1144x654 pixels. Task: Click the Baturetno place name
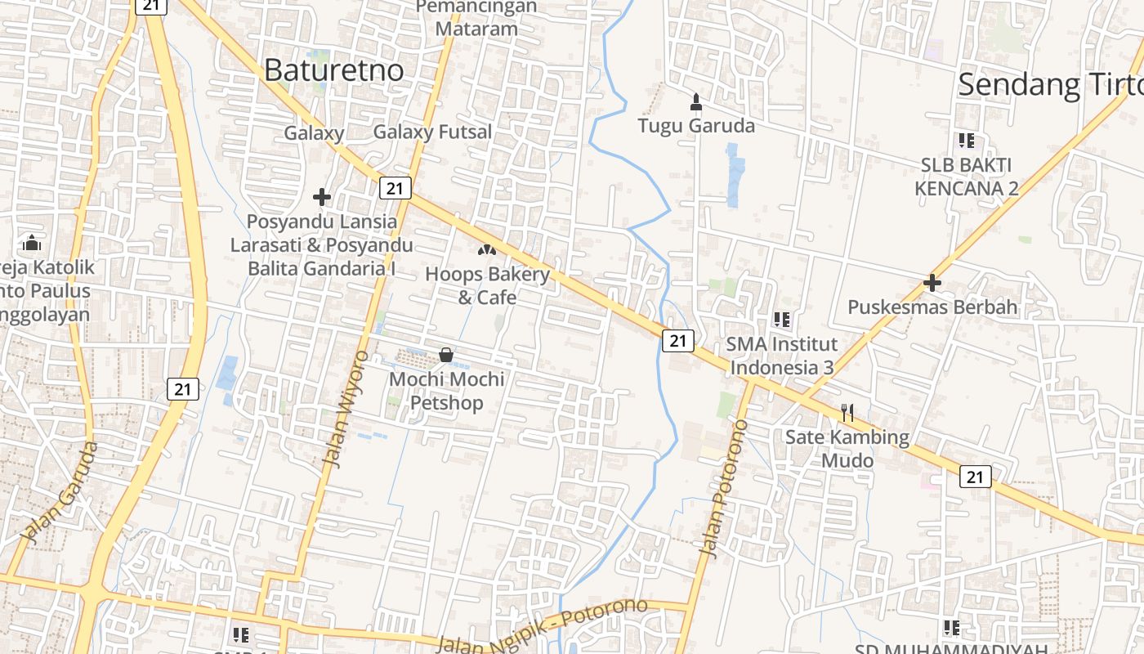click(333, 70)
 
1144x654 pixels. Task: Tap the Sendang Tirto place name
click(1050, 84)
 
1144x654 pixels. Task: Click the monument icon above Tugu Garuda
click(696, 102)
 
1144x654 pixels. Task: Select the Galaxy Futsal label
click(432, 132)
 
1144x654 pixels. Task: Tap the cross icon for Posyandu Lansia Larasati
click(322, 197)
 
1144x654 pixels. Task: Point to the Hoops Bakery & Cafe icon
click(487, 249)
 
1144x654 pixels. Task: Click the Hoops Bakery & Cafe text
click(487, 285)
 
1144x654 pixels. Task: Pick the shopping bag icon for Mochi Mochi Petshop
click(446, 355)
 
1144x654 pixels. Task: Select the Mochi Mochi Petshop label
click(446, 391)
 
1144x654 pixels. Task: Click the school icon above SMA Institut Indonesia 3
click(781, 319)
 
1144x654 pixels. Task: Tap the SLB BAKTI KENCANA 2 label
click(967, 177)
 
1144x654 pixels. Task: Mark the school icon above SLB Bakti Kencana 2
click(967, 141)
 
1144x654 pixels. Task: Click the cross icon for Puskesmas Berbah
click(932, 283)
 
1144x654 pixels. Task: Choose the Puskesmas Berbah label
click(932, 307)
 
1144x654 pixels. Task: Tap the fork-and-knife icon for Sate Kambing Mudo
click(847, 413)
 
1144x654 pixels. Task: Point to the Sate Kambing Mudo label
click(847, 449)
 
